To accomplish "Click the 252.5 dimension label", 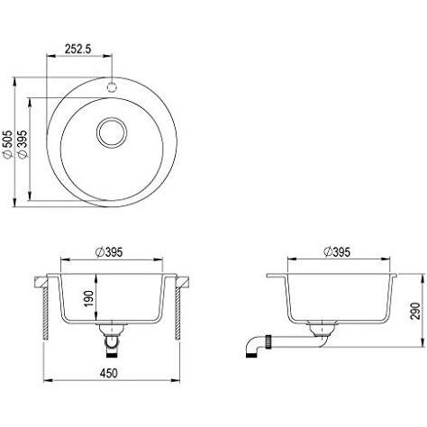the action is click(x=78, y=49).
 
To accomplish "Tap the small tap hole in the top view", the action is click(x=112, y=86).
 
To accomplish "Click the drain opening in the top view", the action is click(x=112, y=132).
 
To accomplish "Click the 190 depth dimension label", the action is click(x=89, y=298).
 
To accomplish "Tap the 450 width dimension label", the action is click(x=109, y=373).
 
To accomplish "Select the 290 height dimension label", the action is click(x=415, y=311).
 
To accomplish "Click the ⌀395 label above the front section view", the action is click(x=109, y=252).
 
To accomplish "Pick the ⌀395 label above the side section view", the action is click(x=337, y=252).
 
